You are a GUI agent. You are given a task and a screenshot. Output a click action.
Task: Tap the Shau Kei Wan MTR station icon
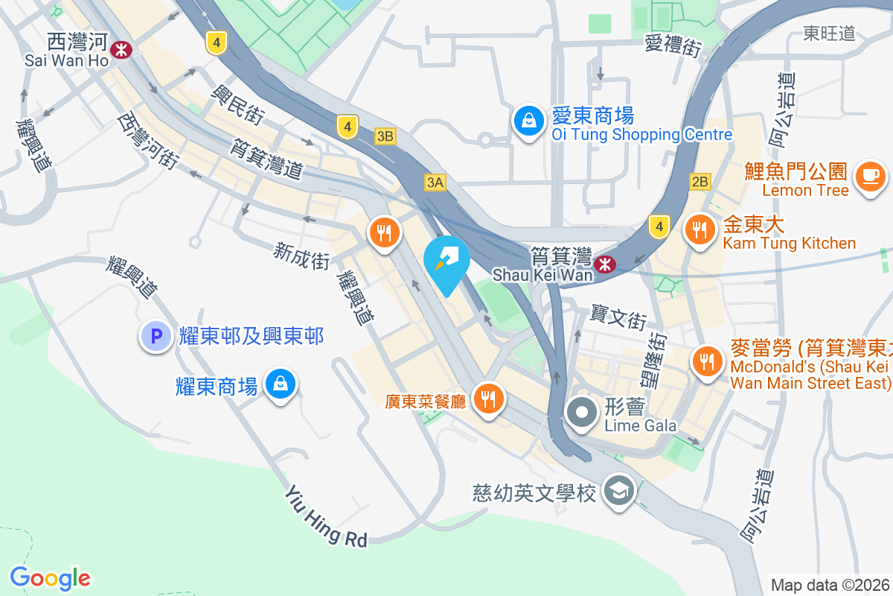pyautogui.click(x=604, y=264)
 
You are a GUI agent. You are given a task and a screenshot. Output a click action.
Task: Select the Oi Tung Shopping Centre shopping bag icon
pyautogui.click(x=528, y=123)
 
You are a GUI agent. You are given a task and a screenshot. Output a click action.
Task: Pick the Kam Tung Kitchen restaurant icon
pyautogui.click(x=698, y=230)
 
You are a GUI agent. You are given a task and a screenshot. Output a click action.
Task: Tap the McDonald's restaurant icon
pyautogui.click(x=705, y=362)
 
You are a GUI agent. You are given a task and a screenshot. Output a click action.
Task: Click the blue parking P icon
pyautogui.click(x=156, y=337)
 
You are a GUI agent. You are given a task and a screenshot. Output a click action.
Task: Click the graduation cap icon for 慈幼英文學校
pyautogui.click(x=618, y=492)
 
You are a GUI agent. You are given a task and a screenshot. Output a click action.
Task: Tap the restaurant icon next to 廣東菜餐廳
pyautogui.click(x=488, y=401)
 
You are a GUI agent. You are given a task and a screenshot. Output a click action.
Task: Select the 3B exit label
pyautogui.click(x=385, y=136)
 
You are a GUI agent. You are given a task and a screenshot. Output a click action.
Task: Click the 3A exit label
pyautogui.click(x=435, y=183)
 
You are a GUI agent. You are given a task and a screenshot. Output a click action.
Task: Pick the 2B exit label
pyautogui.click(x=700, y=182)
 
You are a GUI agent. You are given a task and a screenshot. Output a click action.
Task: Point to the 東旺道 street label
pyautogui.click(x=829, y=33)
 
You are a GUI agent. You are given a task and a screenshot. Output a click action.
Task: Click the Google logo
pyautogui.click(x=51, y=577)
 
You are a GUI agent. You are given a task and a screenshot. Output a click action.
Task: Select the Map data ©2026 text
pyautogui.click(x=829, y=585)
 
